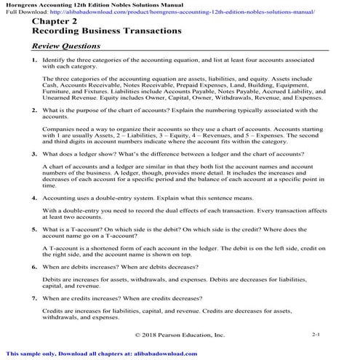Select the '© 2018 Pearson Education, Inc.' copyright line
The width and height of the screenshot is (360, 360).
180,335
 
